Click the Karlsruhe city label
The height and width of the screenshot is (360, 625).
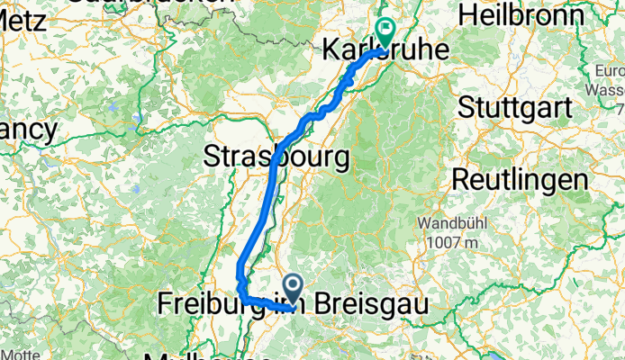(385, 51)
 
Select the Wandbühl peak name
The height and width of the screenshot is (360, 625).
(448, 221)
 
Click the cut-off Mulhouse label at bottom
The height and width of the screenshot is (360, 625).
(189, 355)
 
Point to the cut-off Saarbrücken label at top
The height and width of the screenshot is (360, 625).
(144, 4)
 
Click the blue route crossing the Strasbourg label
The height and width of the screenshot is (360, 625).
(274, 160)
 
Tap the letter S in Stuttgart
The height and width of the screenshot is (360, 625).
(467, 107)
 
